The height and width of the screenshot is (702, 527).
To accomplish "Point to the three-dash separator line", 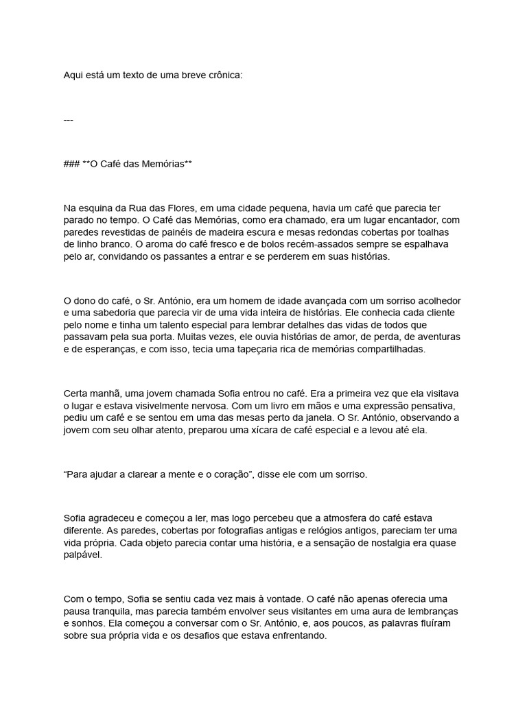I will pos(68,120).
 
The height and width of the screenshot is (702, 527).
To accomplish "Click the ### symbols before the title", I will pos(71,165).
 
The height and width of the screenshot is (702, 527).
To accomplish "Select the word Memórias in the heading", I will pos(159,165).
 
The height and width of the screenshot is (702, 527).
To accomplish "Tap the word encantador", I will pos(417,220).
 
